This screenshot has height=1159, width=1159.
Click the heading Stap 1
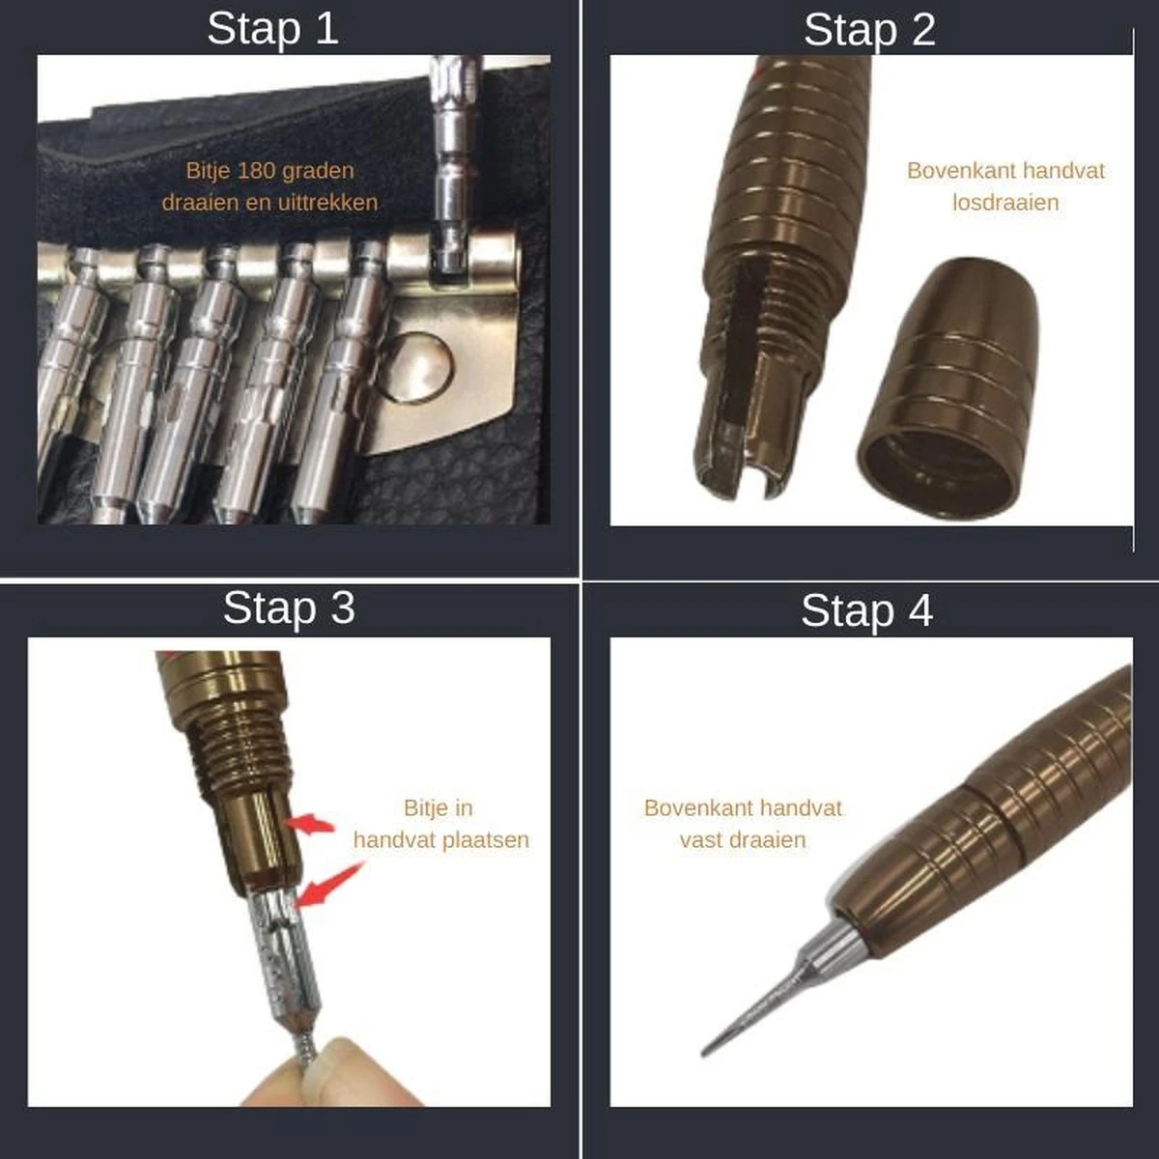click(x=272, y=28)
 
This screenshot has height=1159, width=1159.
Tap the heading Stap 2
click(x=869, y=30)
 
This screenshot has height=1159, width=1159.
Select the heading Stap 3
click(x=289, y=608)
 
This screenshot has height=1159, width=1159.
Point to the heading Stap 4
click(x=866, y=611)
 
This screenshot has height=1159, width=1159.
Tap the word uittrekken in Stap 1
click(x=325, y=202)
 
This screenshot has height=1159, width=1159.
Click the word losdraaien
click(x=1005, y=202)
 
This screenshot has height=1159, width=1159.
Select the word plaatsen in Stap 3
click(x=486, y=839)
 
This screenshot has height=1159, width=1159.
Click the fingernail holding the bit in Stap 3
click(x=326, y=1063)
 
